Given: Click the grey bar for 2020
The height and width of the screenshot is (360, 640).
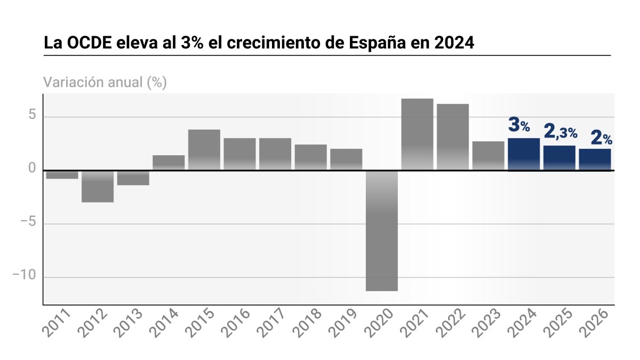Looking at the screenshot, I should coord(382,230).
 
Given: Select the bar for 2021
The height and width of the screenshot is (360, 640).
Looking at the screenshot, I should coord(417,134).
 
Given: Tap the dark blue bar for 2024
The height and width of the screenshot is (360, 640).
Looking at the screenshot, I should coord(524,154).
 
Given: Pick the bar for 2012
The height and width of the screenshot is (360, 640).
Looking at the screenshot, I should coord(98,187).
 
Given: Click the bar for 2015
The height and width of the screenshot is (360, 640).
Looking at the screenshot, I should coord(204,150).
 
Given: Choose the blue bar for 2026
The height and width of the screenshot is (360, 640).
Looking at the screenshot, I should coord(595,159).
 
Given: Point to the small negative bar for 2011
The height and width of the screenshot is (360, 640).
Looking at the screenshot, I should coord(62,175).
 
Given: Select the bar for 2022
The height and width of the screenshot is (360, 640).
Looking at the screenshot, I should coord(453,137).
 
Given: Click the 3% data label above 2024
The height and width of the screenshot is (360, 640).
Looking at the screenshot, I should coord(519,125).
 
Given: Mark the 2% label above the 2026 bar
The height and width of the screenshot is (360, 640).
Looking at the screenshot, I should coord(601,138).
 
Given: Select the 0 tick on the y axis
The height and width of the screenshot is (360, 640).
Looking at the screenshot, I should coord(31,170).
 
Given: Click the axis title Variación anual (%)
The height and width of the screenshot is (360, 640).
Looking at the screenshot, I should coord(105,83).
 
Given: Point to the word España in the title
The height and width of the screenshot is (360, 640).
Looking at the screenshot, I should coord(377,43).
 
